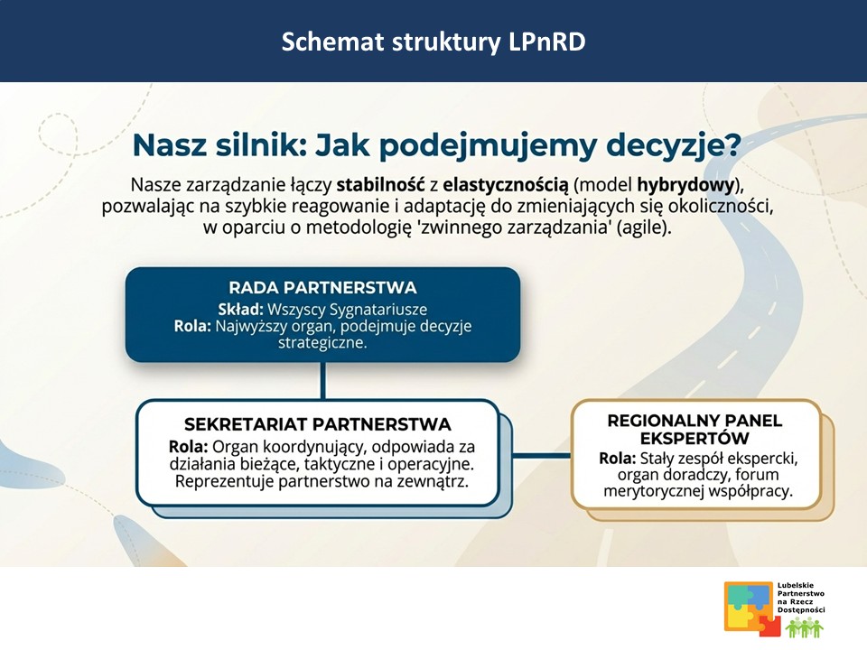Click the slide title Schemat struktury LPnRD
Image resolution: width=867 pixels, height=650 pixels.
(433, 42)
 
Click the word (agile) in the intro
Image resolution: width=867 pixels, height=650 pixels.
(642, 228)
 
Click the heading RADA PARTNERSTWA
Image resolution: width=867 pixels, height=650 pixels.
(322, 288)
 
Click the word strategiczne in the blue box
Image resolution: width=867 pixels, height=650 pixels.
(322, 343)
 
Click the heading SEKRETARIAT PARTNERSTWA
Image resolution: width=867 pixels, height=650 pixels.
(317, 424)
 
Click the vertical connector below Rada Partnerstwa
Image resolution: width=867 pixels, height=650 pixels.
(322, 381)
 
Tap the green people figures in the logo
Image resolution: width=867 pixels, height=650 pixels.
(803, 627)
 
